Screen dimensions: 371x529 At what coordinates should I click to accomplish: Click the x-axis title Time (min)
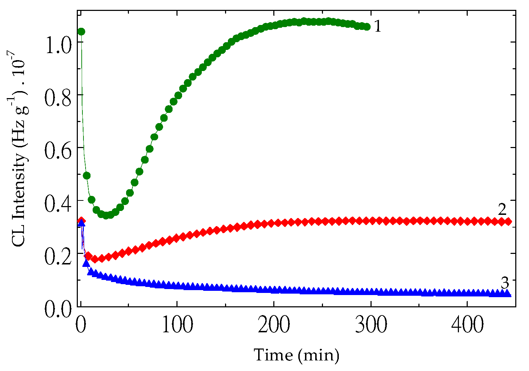point(297,355)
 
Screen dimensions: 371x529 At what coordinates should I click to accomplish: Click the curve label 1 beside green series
point(377,26)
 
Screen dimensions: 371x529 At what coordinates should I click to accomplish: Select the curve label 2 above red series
point(502,210)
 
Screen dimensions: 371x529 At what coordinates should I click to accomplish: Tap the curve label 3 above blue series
point(505,283)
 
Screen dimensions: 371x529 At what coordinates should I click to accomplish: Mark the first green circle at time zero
point(81,32)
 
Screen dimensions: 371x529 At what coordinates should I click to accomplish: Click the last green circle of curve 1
point(367,27)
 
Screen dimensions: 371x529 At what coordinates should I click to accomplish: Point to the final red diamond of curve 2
point(508,222)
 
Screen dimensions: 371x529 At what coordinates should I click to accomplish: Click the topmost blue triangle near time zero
point(81,223)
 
